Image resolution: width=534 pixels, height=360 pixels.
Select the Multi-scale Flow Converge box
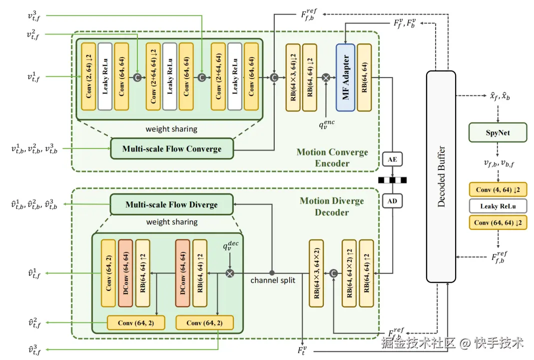pyautogui.click(x=172, y=148)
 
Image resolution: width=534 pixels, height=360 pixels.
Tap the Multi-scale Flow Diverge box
pyautogui.click(x=171, y=204)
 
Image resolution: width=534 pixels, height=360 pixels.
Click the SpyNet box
pyautogui.click(x=498, y=132)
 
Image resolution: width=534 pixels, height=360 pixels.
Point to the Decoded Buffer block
pyautogui.click(x=441, y=176)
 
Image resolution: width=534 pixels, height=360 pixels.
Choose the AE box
pyautogui.click(x=392, y=159)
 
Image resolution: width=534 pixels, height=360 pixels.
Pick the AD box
pyautogui.click(x=392, y=201)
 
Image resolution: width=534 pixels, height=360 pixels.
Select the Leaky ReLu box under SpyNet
pyautogui.click(x=498, y=206)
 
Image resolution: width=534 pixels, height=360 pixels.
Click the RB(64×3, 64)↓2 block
pyautogui.click(x=293, y=77)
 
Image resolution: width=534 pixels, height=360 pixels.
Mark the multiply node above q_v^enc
pyautogui.click(x=326, y=77)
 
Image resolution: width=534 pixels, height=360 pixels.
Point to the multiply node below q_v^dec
pyautogui.click(x=230, y=273)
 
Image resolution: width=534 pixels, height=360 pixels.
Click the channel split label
pyautogui.click(x=272, y=280)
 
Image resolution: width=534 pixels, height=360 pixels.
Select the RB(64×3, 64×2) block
pyautogui.click(x=316, y=273)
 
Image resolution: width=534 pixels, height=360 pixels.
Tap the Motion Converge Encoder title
pyautogui.click(x=332, y=157)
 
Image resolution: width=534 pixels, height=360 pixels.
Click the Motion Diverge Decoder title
pyautogui.click(x=332, y=206)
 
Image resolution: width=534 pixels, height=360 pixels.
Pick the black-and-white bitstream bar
pyautogui.click(x=393, y=180)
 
